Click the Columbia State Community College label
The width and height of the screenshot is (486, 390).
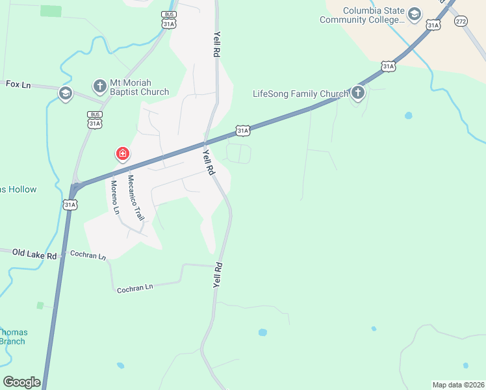362,16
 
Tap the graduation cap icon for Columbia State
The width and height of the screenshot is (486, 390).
414,14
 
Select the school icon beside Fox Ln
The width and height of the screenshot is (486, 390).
65,94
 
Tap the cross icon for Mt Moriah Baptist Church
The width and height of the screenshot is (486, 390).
99,86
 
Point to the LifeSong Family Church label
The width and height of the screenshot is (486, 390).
300,94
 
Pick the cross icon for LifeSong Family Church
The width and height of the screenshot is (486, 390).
358,93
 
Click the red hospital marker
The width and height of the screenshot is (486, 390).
122,154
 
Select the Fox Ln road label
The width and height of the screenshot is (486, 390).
18,84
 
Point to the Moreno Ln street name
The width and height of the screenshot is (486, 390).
115,198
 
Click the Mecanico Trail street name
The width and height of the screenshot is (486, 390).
134,198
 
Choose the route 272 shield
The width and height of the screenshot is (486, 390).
461,21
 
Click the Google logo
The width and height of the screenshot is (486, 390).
21,382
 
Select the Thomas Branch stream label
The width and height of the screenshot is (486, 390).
12,337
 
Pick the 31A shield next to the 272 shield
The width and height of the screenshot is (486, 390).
433,25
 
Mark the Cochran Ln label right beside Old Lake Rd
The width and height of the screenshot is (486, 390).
87,255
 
